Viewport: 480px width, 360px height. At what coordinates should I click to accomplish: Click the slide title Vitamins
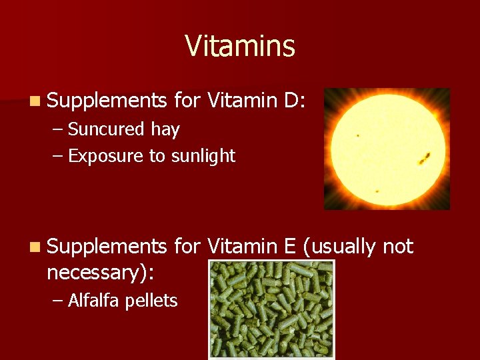(240, 47)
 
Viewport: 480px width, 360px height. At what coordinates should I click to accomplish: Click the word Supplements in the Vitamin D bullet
(107, 101)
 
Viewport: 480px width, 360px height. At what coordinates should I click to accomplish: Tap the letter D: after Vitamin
(294, 101)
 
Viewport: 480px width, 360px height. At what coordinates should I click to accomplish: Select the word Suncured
(106, 129)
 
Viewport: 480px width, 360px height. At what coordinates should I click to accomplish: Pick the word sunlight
(203, 156)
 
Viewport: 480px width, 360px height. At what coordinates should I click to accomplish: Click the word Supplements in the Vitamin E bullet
(107, 247)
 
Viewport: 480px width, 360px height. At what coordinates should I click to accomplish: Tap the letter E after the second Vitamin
(289, 247)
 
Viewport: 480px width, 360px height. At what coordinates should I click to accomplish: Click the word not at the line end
(398, 247)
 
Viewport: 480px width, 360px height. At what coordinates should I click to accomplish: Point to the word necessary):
(100, 272)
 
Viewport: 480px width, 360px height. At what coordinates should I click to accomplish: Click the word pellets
(153, 301)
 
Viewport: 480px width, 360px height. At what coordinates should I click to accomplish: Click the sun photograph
(387, 149)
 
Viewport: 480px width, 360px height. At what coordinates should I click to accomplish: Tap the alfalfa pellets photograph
(271, 309)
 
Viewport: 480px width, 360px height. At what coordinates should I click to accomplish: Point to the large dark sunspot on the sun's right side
(424, 158)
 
